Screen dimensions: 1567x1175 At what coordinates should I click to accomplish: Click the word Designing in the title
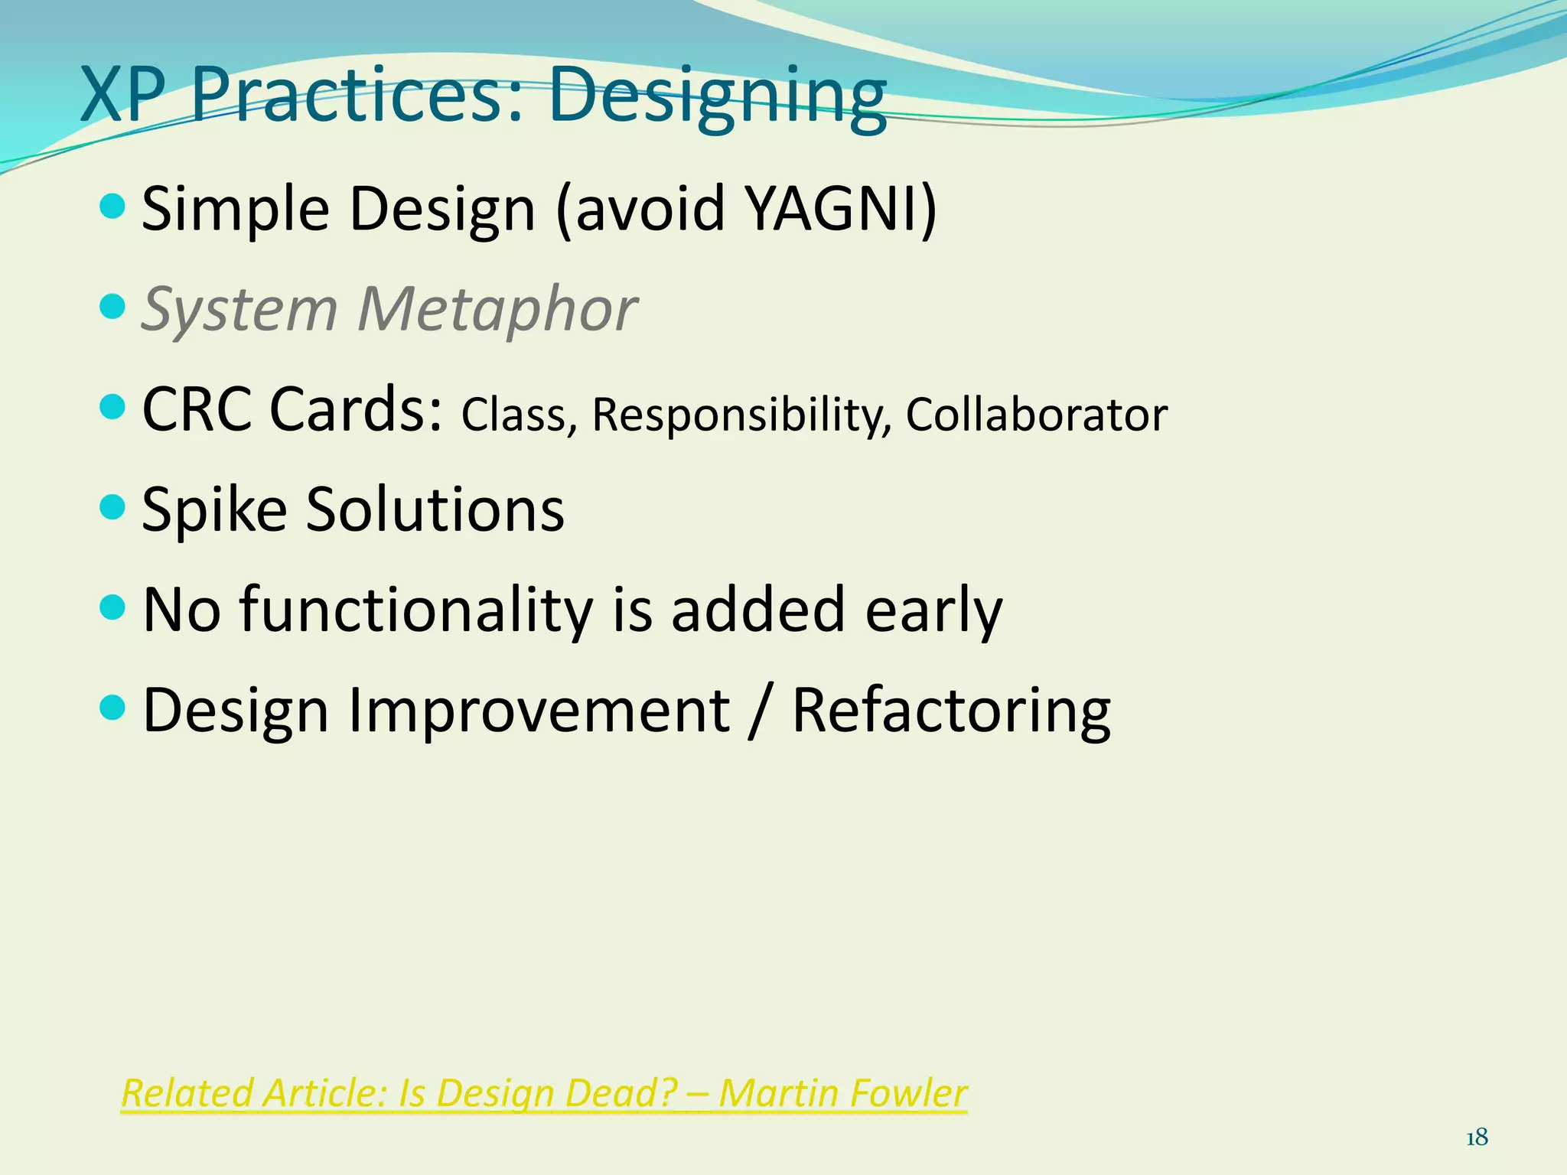point(718,97)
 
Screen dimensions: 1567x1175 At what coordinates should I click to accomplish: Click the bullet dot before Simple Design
point(112,206)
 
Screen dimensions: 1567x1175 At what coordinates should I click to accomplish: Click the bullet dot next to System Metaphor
point(112,307)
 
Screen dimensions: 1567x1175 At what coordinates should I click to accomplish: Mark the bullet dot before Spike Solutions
point(112,506)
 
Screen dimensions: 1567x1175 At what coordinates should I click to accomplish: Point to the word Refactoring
point(951,711)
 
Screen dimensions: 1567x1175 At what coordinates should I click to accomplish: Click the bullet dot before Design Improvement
point(112,708)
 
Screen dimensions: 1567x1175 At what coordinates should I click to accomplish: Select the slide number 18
point(1477,1138)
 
